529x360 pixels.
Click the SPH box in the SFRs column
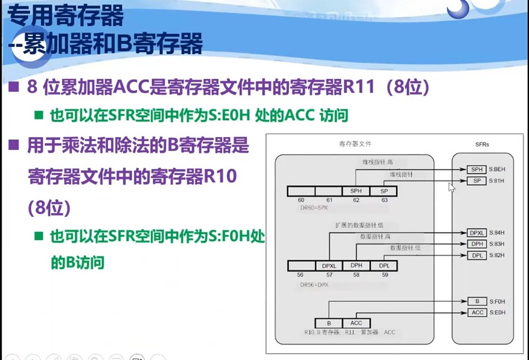(x=476, y=169)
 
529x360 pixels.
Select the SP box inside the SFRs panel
(x=476, y=180)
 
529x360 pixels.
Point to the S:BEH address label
(x=497, y=169)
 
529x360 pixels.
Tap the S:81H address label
(x=497, y=180)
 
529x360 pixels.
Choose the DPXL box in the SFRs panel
(x=477, y=233)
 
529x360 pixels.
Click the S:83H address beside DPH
(x=497, y=244)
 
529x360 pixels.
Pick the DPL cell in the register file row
(x=384, y=266)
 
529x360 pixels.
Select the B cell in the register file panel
(x=329, y=323)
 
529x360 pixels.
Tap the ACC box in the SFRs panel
(x=477, y=312)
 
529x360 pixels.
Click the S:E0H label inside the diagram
(x=497, y=312)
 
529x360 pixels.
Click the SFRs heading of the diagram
(x=482, y=144)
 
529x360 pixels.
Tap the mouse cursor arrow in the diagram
(x=451, y=187)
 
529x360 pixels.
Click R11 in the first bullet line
(x=360, y=88)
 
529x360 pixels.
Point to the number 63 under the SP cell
(x=384, y=200)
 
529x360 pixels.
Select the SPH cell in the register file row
(x=356, y=191)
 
